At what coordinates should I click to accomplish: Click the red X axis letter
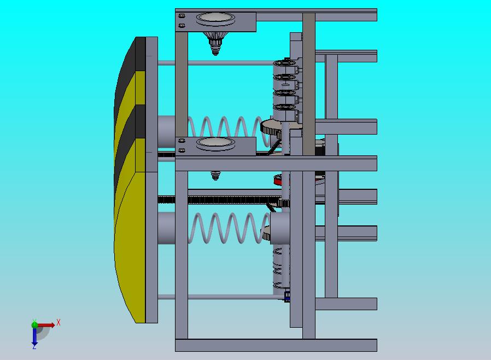coord(59,322)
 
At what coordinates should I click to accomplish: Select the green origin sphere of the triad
coord(34,324)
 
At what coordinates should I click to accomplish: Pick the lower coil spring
coord(229,228)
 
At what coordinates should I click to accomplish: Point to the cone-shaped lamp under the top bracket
coord(215,43)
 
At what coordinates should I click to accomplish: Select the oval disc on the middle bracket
coord(215,143)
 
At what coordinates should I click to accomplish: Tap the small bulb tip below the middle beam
coord(215,176)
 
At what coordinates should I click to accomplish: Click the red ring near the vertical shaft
coord(278,180)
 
